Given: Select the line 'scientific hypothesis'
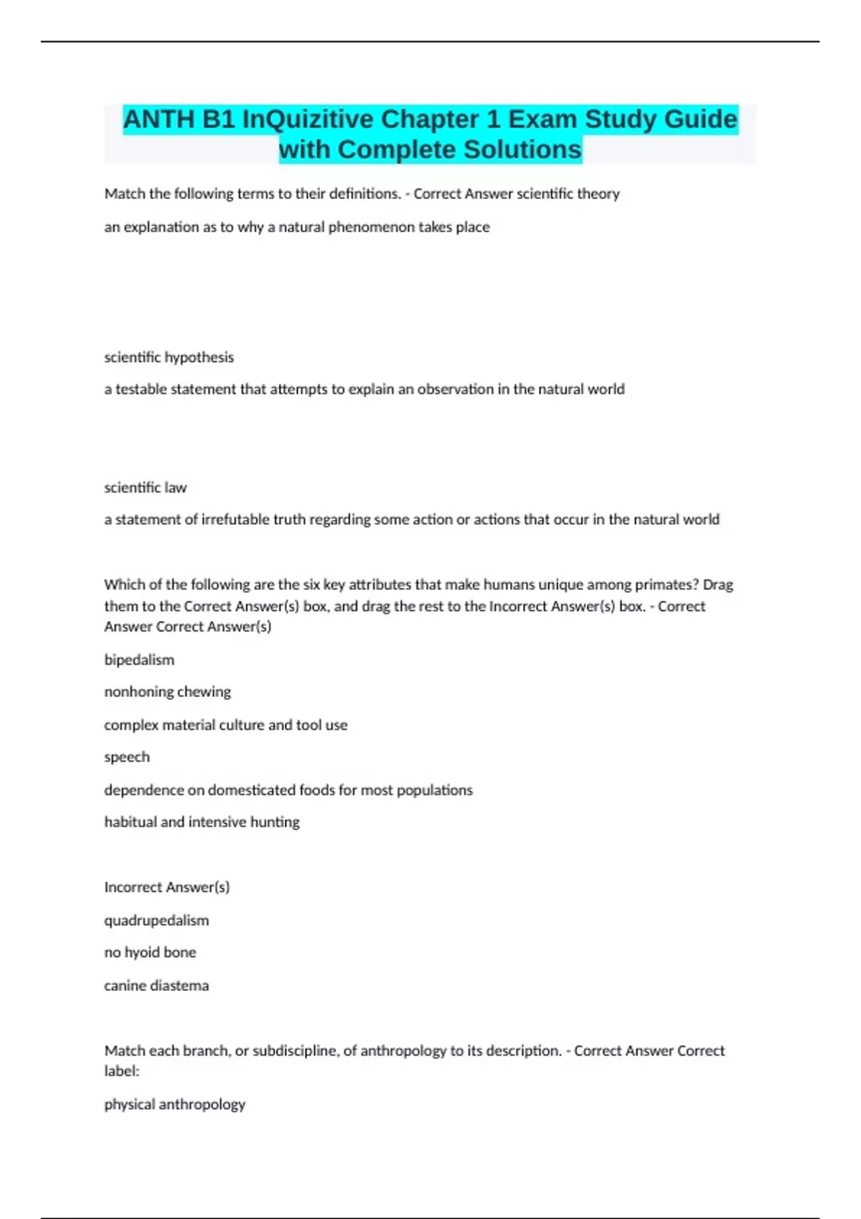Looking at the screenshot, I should tap(169, 357).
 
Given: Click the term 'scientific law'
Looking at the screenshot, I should tap(145, 488).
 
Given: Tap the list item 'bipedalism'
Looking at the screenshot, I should tap(139, 660).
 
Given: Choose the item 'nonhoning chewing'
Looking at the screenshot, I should tap(167, 692).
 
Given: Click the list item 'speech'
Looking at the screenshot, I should tap(127, 757).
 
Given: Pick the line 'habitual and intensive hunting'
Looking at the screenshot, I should tap(202, 822).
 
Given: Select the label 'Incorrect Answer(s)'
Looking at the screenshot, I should tap(166, 887).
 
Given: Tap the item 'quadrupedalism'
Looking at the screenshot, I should tap(156, 920).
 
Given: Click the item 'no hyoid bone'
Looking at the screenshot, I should tap(150, 952).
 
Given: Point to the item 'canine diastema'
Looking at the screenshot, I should tap(156, 985).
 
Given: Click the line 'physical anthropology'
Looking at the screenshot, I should tap(174, 1104).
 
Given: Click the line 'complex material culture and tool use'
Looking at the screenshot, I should tap(225, 725).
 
